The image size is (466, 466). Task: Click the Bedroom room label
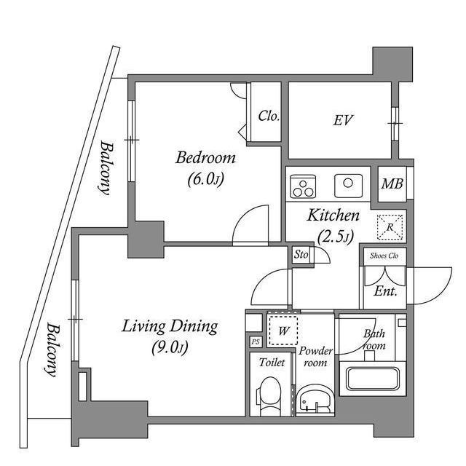[x=206, y=158]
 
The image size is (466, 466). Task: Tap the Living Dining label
[x=170, y=326]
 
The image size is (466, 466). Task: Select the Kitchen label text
[x=333, y=216]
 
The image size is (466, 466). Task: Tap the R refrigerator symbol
[x=390, y=227]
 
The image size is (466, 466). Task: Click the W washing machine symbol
[x=283, y=328]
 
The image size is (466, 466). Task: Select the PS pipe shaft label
[x=255, y=341]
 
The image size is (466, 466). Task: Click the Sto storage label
[x=300, y=255]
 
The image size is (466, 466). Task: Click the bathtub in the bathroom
[x=372, y=379]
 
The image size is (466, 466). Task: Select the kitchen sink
[x=348, y=185]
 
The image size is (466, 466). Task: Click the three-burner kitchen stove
[x=302, y=186]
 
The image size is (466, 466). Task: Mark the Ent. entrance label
[x=384, y=292]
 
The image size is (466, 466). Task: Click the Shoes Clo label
[x=384, y=256]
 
